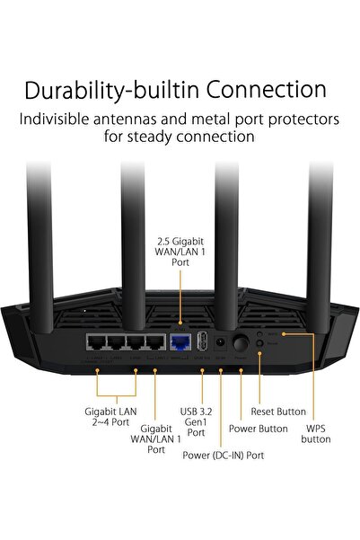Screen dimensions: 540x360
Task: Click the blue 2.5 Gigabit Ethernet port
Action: pyautogui.click(x=179, y=341)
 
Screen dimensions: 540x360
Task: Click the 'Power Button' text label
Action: pyautogui.click(x=259, y=429)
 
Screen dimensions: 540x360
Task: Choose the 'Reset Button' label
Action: pyautogui.click(x=279, y=411)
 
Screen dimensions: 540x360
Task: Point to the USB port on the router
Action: pyautogui.click(x=201, y=342)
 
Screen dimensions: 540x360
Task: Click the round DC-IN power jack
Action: pyautogui.click(x=220, y=342)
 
